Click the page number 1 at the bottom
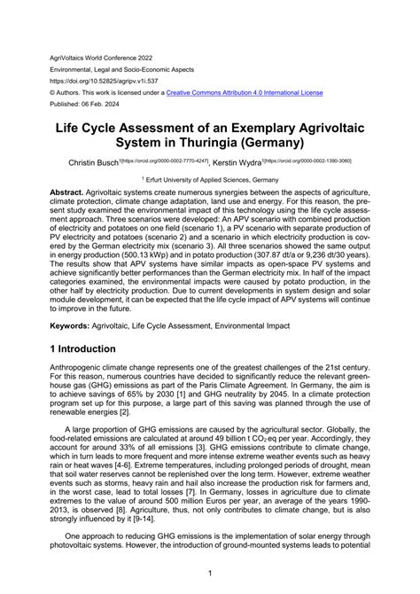point(209,574)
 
